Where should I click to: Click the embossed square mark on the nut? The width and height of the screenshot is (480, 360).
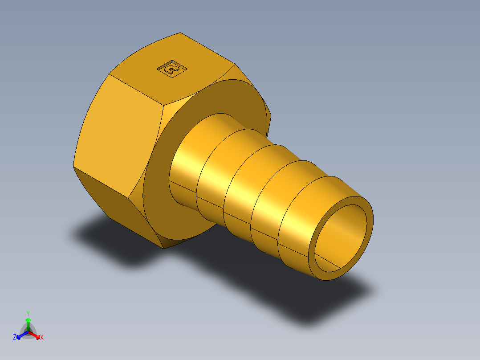172,69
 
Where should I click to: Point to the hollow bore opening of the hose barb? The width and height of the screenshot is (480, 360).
341,238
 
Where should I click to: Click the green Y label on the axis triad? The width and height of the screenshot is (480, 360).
28,313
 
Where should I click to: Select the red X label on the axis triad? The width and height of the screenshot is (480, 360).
42,338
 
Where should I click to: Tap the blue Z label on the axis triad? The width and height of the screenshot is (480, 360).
15,338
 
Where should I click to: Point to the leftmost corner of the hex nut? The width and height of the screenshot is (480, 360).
73,167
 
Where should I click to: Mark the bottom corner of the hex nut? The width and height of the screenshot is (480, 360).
163,248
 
